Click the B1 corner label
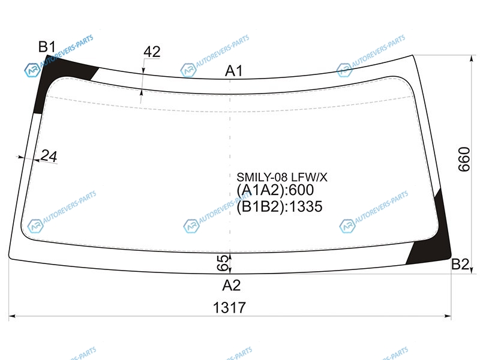point(47,47)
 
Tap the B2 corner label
point(460,264)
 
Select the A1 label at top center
point(233,71)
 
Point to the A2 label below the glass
point(232,286)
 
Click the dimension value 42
point(152,52)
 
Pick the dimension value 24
point(49,156)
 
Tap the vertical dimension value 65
point(223,263)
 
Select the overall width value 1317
point(229,308)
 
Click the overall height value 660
point(464,159)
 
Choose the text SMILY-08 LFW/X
point(282,177)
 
